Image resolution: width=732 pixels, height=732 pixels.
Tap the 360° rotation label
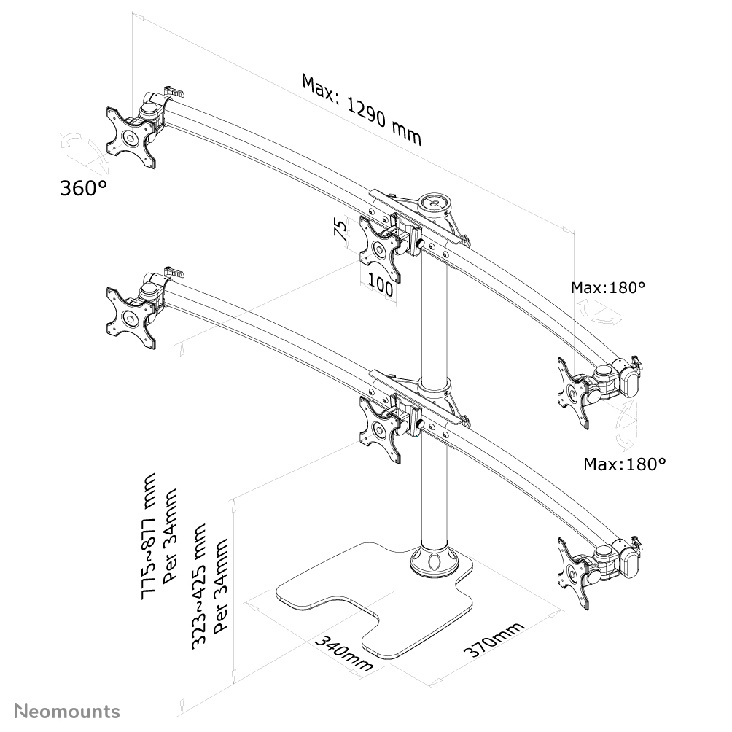point(82,188)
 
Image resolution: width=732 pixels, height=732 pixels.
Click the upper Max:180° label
point(608,288)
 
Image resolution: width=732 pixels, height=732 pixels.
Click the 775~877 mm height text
point(150,537)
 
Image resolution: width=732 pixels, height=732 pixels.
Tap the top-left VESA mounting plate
point(131,137)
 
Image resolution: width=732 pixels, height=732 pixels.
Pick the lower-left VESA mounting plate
point(131,319)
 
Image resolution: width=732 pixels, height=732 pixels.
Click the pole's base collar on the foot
point(434,561)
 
